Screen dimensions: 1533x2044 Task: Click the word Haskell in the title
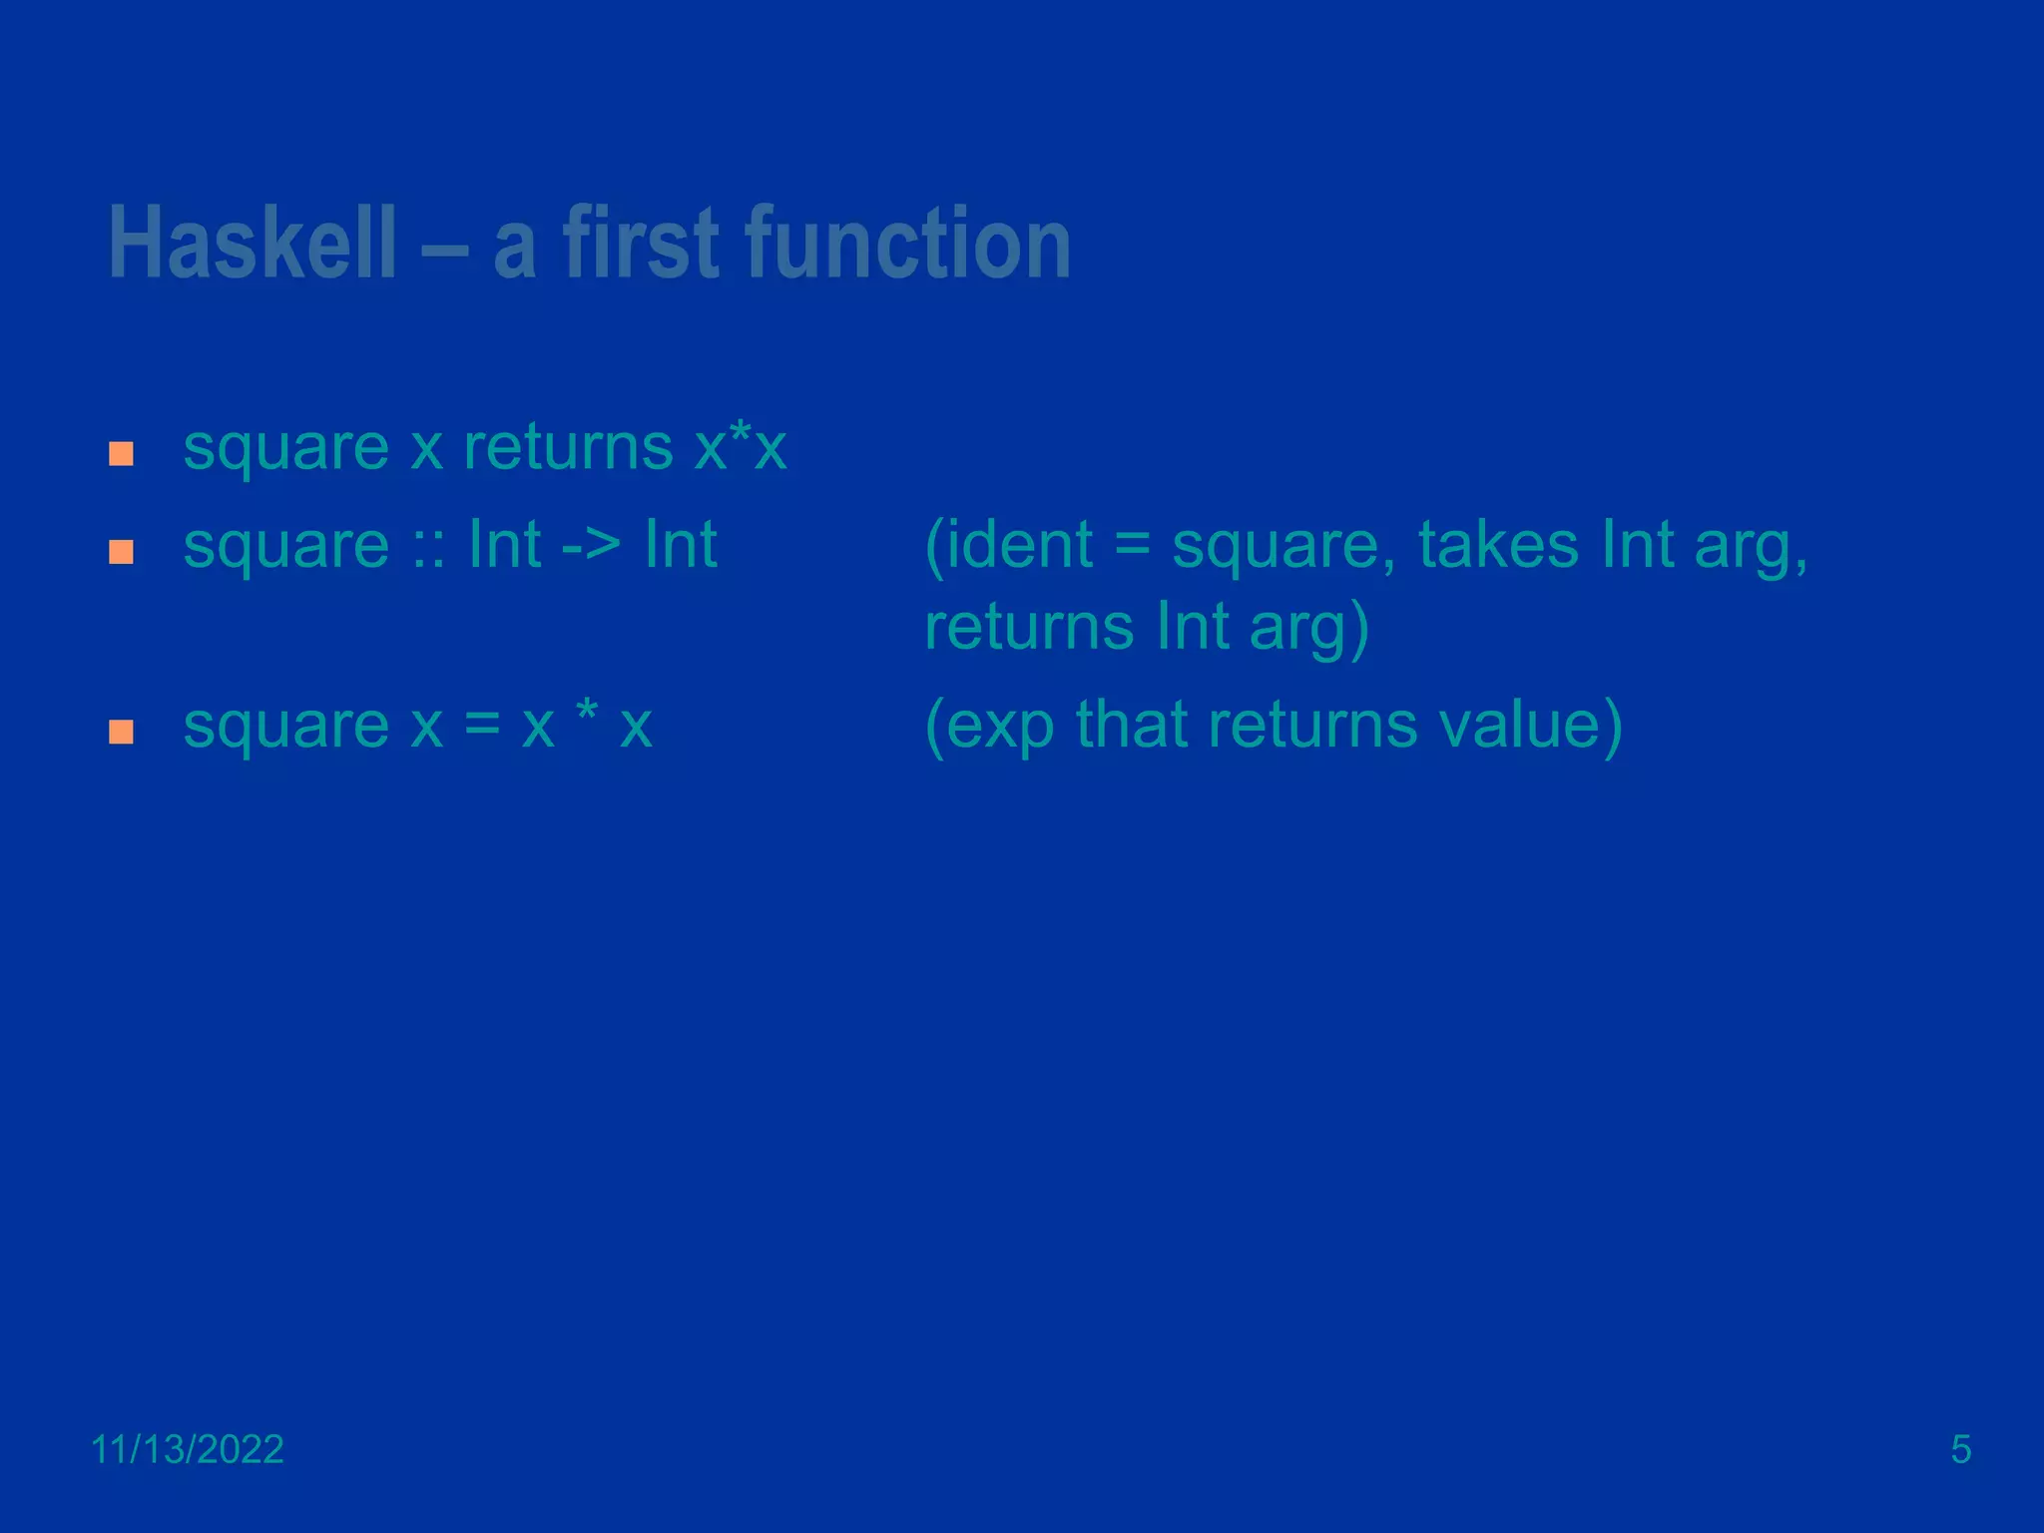252,243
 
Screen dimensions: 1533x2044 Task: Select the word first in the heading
641,243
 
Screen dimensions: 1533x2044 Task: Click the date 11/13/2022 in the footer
188,1449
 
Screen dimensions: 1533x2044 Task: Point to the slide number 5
1960,1449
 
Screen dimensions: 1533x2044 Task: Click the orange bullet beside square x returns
121,454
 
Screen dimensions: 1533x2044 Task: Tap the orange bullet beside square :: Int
121,552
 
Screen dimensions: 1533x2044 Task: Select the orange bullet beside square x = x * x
121,732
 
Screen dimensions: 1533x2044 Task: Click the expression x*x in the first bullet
741,448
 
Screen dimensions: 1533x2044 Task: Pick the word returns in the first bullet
568,448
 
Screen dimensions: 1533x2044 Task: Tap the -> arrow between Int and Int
591,547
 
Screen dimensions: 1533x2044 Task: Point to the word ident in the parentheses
1019,546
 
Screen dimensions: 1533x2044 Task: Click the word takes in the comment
1498,546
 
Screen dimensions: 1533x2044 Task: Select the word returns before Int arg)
1028,628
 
